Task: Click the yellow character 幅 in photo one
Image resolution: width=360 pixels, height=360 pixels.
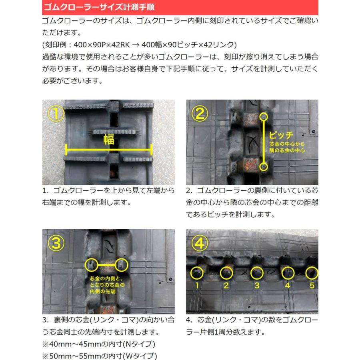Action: pos(108,139)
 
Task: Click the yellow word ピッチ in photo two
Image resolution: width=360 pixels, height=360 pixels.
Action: pos(281,135)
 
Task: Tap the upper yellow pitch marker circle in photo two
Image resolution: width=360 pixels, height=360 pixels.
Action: pos(264,117)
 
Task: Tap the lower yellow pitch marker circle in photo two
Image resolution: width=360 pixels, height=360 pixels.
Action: pos(264,166)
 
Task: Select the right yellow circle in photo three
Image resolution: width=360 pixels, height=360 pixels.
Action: pos(122,264)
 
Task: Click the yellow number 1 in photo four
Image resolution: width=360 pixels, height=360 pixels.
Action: pos(196,286)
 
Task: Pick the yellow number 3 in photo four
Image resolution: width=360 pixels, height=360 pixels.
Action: pos(257,286)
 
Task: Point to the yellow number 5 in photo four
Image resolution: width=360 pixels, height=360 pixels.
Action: pos(312,286)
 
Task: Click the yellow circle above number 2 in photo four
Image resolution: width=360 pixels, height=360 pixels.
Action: pos(226,273)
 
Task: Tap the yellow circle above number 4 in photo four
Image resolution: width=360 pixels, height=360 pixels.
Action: pos(287,273)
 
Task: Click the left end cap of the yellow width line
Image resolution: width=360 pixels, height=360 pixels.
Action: pos(66,151)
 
